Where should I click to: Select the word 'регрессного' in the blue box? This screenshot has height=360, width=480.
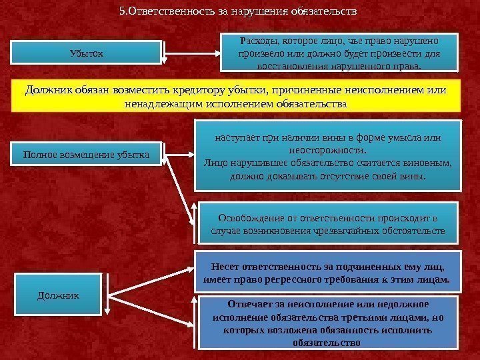300,280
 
